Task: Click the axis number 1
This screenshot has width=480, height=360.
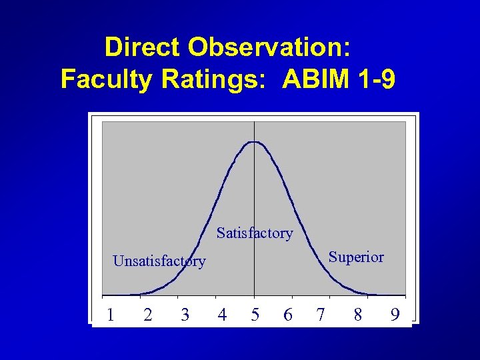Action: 111,314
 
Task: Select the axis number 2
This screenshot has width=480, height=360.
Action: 148,314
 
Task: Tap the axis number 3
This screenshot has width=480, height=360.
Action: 185,314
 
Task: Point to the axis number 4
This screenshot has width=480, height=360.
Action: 222,314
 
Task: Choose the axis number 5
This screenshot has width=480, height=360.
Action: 255,314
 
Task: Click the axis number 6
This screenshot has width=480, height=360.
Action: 287,314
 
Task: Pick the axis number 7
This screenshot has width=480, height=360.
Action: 321,314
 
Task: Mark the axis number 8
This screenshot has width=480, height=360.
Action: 358,314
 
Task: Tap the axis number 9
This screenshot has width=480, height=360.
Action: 395,314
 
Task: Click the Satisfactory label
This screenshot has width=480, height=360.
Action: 255,233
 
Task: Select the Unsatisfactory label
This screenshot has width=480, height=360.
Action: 159,261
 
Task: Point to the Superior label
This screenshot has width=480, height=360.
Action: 356,257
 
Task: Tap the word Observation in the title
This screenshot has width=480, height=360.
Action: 269,47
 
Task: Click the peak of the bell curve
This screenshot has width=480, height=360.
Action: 254,142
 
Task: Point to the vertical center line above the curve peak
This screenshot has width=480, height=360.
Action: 254,131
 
